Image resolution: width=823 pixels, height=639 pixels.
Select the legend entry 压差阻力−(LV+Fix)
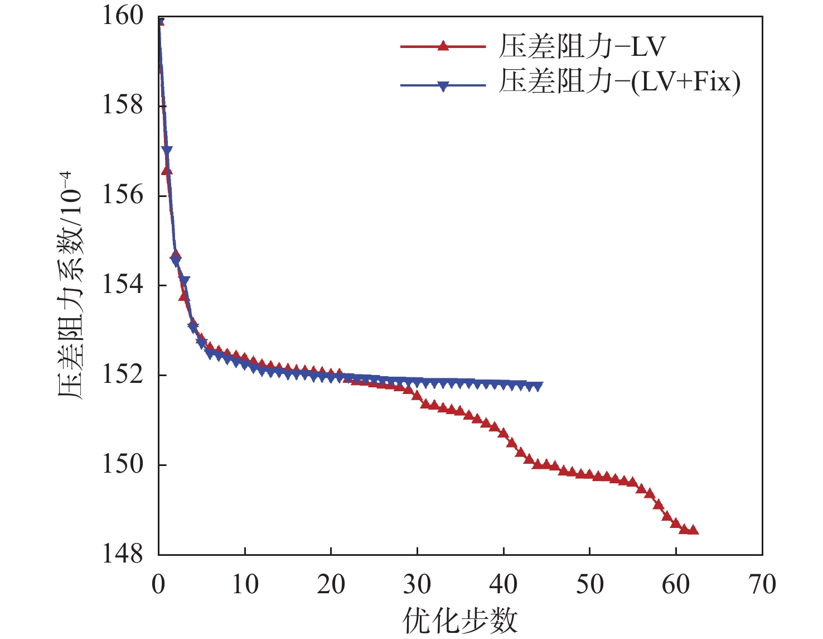coord(619,82)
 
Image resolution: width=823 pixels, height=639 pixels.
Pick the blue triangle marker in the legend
coord(443,86)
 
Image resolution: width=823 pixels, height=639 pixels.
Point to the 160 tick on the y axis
coord(122,16)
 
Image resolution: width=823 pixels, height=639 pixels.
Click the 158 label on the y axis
coord(122,105)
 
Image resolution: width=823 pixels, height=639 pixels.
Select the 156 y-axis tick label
coord(122,195)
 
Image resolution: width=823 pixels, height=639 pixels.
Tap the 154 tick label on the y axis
coord(122,285)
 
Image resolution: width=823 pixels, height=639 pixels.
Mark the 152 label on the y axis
coord(122,374)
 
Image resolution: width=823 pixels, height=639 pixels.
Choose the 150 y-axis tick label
coord(122,464)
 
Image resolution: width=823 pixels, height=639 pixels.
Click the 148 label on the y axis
coord(122,554)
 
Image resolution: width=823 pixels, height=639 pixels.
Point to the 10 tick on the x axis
coord(245,584)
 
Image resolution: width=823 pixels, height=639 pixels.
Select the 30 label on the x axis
coord(417,584)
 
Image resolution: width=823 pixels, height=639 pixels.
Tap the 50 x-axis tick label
coord(589,584)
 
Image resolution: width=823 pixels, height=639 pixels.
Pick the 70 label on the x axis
coord(762,584)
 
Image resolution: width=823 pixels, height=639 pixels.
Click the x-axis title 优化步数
coord(460,620)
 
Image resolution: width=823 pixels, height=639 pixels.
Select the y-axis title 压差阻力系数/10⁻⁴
coord(70,285)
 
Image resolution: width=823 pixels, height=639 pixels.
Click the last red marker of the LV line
coord(693,530)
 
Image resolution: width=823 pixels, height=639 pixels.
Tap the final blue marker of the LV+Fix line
coord(538,386)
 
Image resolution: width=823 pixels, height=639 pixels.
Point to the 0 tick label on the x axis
coord(159,584)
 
